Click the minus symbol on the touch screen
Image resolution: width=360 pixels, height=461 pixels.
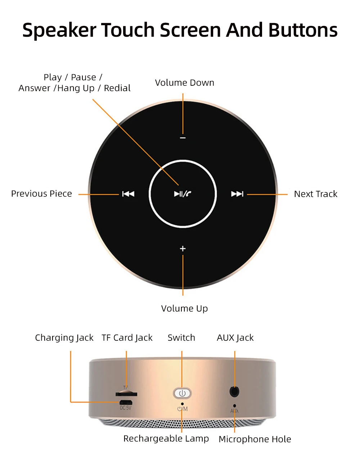coord(183,138)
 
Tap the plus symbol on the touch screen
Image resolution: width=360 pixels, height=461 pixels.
coord(183,249)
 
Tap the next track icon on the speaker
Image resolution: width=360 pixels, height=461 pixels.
coord(237,194)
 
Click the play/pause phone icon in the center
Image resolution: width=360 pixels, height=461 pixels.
coord(183,194)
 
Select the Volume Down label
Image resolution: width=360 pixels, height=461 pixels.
coord(184,83)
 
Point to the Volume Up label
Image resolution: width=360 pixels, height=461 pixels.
coord(184,309)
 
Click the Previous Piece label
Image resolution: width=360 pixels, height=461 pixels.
coord(41,194)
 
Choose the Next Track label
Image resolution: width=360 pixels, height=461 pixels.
coord(315,194)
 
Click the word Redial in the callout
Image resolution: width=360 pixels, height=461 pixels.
coord(117,88)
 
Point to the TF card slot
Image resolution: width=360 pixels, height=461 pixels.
coord(126,394)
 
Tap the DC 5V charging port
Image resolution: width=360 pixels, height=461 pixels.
coord(126,402)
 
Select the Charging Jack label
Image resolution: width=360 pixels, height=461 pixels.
coord(64,338)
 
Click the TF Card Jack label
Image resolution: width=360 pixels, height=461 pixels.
coord(127,338)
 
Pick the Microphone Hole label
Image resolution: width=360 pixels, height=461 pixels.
coord(255,439)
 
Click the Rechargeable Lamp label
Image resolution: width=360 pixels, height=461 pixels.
coord(166,439)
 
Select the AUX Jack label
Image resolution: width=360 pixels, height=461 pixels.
coord(235,338)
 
